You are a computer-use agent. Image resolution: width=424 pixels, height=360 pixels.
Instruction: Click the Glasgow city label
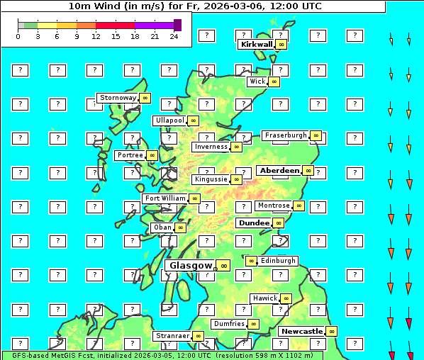(191, 266)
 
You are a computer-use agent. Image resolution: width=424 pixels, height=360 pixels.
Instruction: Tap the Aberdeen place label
(279, 171)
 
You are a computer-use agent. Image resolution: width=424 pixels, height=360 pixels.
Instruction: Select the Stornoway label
(118, 98)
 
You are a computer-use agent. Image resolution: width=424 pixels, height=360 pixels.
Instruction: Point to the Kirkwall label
(257, 44)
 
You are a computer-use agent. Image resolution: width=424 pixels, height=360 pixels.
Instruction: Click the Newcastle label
(301, 331)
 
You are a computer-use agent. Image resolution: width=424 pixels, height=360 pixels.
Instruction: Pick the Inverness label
(211, 147)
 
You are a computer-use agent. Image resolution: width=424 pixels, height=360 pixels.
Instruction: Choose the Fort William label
(165, 198)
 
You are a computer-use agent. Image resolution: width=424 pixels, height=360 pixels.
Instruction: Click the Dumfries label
(229, 324)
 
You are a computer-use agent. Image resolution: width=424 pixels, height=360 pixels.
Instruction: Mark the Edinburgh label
(278, 261)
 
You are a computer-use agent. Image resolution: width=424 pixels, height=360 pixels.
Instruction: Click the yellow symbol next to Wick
(274, 81)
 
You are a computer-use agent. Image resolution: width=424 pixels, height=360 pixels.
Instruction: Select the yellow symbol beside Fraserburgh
(316, 135)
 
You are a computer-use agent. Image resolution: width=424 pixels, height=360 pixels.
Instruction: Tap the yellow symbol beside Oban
(181, 227)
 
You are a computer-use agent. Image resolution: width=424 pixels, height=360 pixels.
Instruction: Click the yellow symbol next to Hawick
(286, 298)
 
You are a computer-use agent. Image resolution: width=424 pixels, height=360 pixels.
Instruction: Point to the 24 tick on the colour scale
(174, 36)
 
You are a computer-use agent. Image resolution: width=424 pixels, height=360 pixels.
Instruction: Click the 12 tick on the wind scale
(96, 36)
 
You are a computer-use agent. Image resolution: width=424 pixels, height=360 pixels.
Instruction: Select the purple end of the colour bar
(177, 25)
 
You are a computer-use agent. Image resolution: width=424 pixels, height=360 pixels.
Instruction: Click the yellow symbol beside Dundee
(279, 223)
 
